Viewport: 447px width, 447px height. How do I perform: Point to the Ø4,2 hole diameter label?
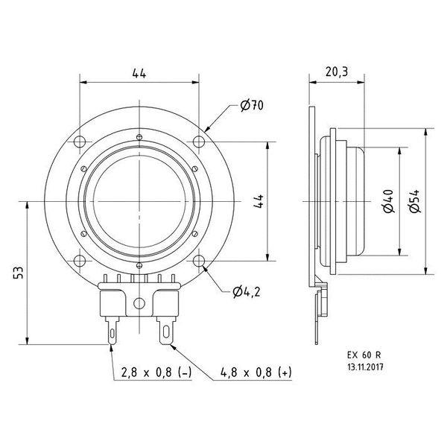(246, 291)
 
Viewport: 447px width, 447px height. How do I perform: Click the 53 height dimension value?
(18, 274)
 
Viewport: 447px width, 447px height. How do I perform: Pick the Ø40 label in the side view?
(387, 201)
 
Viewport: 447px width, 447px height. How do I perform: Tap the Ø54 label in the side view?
(414, 201)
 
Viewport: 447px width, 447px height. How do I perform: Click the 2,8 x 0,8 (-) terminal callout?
(148, 371)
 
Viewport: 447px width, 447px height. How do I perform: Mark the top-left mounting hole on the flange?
(79, 142)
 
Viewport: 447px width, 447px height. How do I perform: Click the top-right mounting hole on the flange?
(199, 142)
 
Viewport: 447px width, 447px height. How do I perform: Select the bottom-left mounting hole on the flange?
(79, 261)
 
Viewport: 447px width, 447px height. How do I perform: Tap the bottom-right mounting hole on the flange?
(199, 261)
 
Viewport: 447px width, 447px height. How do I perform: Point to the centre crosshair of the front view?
(139, 201)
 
